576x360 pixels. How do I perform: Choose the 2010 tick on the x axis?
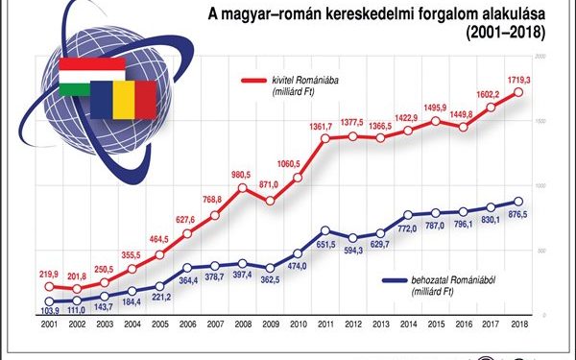(298, 324)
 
